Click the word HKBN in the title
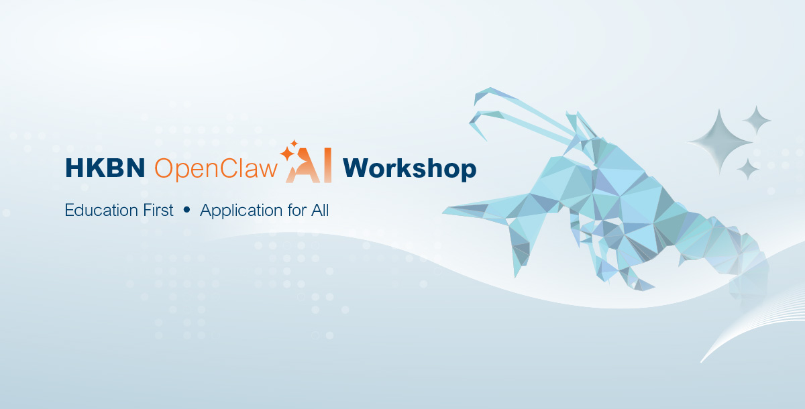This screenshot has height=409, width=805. point(105,168)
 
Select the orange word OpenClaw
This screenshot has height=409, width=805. point(216,168)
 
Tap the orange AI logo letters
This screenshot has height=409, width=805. point(309,166)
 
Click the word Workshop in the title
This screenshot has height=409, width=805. point(409,169)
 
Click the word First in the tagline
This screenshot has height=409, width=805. point(158,210)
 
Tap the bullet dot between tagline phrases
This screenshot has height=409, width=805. point(186,210)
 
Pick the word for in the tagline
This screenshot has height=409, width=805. point(297,210)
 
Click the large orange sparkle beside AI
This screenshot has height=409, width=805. point(287,154)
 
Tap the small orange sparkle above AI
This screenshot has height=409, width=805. point(294,143)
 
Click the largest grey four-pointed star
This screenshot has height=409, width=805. point(719,142)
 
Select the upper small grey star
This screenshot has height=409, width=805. point(757,120)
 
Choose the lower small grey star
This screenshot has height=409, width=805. point(748,169)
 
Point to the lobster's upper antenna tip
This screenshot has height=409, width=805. point(475,104)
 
